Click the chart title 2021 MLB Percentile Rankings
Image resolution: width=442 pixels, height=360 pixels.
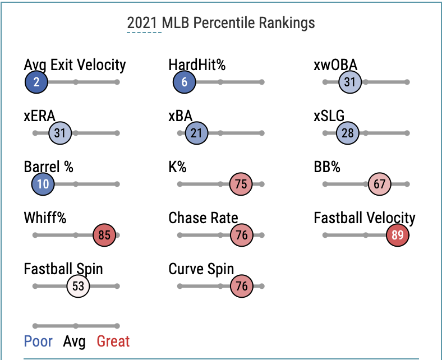click(220, 23)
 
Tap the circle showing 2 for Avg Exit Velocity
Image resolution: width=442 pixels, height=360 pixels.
click(36, 82)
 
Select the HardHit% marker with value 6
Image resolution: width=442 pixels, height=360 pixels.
click(185, 82)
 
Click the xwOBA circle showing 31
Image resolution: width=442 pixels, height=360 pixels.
click(350, 82)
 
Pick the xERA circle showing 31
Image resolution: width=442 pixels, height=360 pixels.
click(60, 133)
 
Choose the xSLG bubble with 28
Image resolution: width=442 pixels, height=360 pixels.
click(348, 133)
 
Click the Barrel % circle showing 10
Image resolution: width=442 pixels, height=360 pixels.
click(43, 184)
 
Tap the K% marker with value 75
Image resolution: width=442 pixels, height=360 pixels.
click(241, 184)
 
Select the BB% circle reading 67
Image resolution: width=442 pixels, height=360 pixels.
click(380, 184)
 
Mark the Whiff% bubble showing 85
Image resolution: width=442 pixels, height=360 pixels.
click(104, 236)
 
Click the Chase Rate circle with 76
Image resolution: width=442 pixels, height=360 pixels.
click(242, 236)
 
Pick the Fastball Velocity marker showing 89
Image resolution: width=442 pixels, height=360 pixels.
click(398, 236)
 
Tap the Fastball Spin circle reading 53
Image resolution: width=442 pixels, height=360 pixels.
click(78, 287)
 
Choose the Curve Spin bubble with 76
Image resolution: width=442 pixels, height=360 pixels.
click(242, 287)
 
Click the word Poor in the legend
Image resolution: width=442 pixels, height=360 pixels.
click(38, 341)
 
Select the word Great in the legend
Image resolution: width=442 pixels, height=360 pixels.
click(113, 341)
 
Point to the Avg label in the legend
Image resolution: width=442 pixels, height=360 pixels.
click(75, 341)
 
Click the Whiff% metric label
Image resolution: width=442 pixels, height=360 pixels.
click(45, 218)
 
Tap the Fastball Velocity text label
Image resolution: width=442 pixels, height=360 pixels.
click(365, 218)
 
